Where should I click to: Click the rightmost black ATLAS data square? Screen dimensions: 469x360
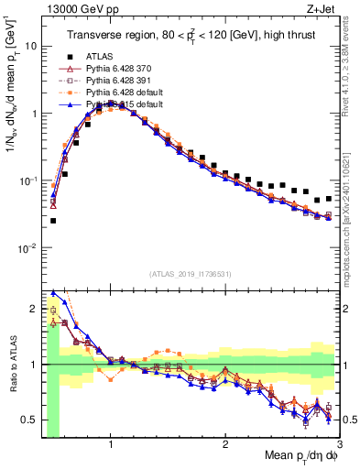click(x=329, y=197)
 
